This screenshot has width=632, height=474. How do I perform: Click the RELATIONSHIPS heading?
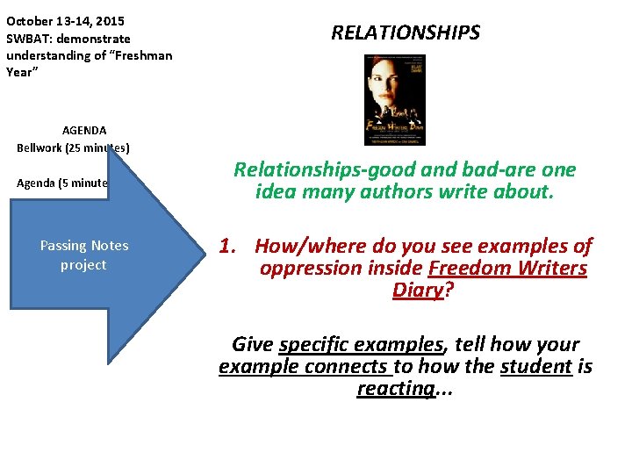[406, 33]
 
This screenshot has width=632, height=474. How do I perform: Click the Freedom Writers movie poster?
[394, 99]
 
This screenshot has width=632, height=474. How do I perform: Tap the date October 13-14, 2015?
[65, 20]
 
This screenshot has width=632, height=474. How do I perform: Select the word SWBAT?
[29, 39]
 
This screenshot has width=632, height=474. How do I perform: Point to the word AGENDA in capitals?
[84, 130]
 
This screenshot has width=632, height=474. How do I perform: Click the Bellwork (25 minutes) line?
[73, 147]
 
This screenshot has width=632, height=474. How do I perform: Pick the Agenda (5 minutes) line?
[62, 183]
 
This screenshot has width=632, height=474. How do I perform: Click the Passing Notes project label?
[84, 255]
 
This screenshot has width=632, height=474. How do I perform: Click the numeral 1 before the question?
[226, 246]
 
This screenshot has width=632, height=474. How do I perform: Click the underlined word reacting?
[396, 388]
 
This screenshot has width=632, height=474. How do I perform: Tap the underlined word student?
[535, 366]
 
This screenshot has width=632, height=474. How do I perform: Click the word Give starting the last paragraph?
[252, 344]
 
